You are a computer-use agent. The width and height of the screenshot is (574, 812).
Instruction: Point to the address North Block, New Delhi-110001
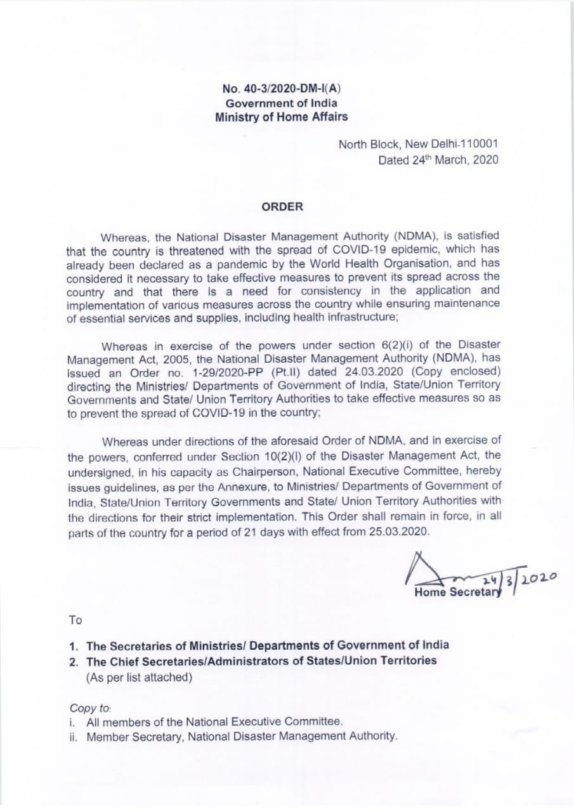pos(418,145)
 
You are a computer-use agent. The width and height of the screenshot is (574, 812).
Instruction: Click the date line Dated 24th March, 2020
pos(438,160)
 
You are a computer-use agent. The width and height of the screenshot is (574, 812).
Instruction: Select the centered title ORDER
pos(282,207)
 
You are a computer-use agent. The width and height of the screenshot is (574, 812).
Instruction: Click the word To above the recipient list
pos(75,620)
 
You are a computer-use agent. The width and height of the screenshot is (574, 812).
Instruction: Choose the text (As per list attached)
pos(139,677)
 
